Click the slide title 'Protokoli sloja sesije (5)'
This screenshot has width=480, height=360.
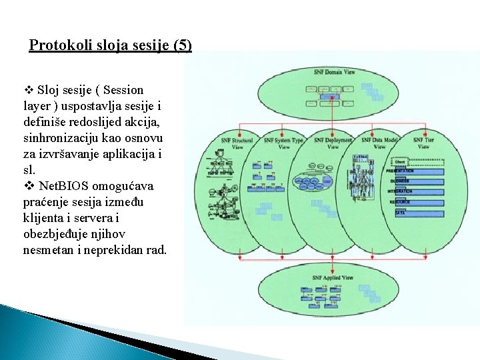pos(111,46)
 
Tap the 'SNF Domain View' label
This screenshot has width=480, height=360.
pos(334,71)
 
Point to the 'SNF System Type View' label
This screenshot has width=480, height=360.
pos(283,143)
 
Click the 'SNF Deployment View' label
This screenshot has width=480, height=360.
pos(333,143)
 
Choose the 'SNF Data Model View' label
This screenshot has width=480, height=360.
pos(379,143)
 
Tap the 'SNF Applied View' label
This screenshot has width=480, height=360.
pos(333,277)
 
